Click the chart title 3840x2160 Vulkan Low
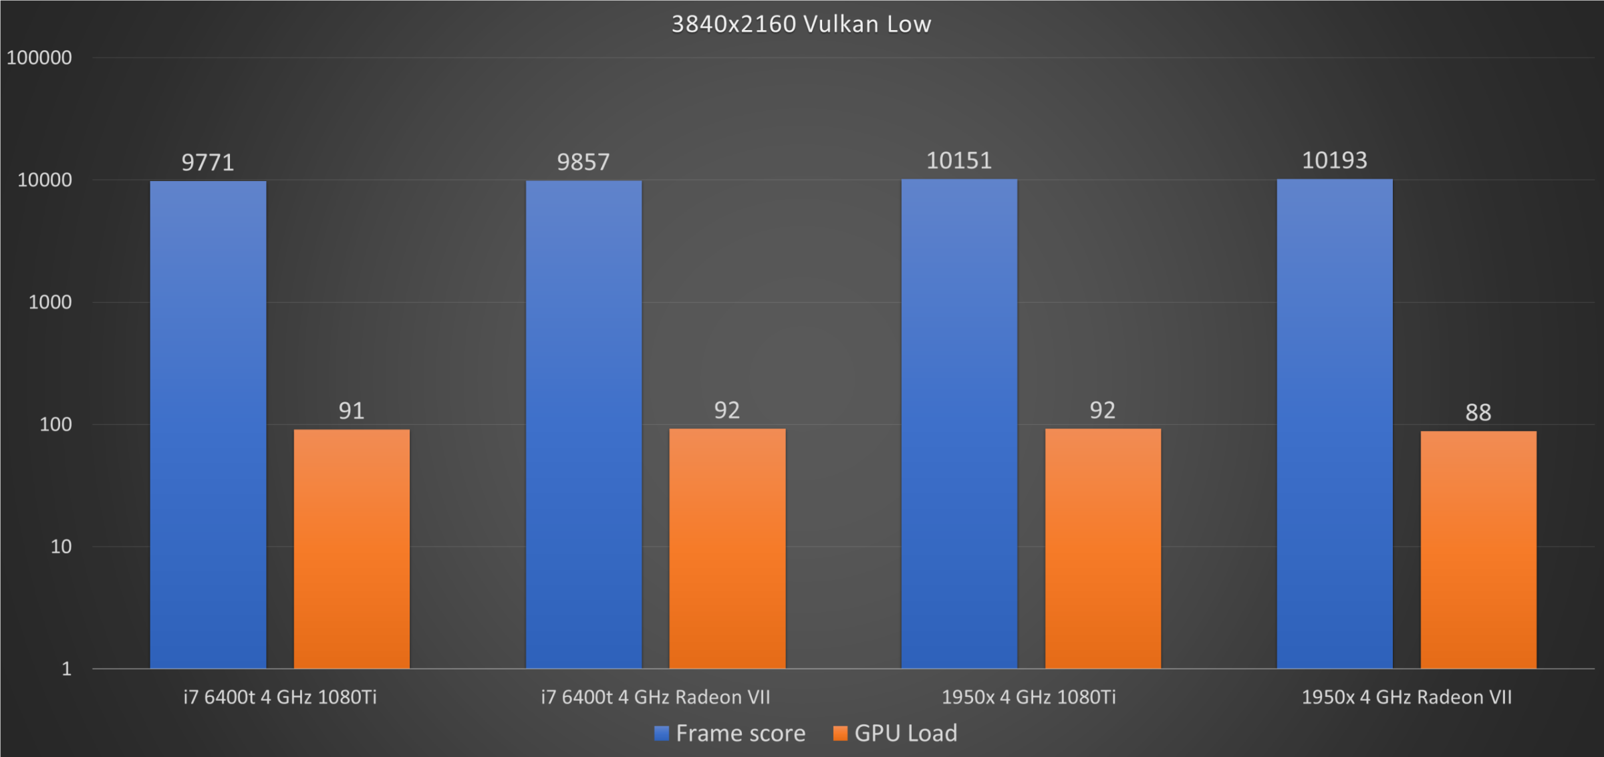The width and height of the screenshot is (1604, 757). pos(801,24)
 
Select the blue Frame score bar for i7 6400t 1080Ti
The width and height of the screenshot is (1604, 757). pos(208,424)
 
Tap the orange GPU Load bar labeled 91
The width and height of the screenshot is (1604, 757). pos(352,549)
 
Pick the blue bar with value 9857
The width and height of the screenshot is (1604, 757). pos(583,424)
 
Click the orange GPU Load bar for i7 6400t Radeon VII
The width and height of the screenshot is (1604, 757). pos(727,549)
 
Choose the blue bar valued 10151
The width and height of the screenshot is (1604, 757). pos(959,424)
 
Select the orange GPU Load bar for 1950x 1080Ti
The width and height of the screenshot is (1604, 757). pos(1103,549)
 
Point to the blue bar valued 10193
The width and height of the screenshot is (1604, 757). pos(1335,424)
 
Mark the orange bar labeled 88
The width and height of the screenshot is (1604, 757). pos(1478,550)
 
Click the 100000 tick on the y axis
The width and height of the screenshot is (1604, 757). pos(39,58)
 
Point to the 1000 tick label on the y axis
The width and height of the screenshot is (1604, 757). pos(50,303)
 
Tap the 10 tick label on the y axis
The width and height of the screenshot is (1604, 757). pos(61,547)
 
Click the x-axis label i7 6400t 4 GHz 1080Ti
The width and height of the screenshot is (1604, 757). pos(280,698)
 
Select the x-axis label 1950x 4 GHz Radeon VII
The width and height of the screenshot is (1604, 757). pos(1406,698)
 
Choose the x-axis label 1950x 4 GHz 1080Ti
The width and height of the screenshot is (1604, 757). pos(1029,698)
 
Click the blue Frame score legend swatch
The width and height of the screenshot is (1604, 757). pos(662,734)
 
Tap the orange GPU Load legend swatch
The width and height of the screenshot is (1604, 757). pos(840,734)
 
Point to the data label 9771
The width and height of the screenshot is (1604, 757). pos(208,162)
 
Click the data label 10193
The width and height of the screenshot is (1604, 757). pos(1335,160)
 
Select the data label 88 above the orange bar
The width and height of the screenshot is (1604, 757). pos(1478,412)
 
